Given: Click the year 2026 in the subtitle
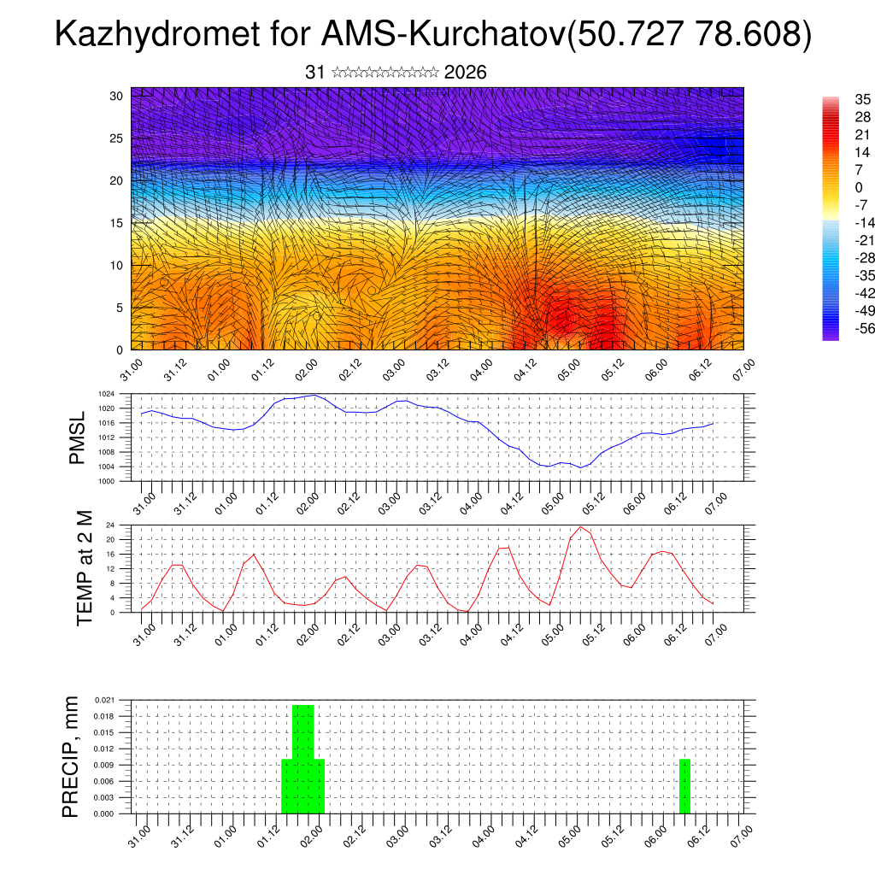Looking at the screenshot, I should tap(466, 73).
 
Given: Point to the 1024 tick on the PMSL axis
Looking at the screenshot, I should tap(105, 394).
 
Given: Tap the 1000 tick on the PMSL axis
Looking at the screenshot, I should tap(105, 481).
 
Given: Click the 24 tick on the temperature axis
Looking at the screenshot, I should tap(110, 525).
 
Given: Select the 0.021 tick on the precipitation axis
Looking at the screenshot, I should tap(104, 700).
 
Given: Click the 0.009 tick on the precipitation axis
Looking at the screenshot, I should tap(104, 765).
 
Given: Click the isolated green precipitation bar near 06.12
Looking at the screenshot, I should tap(684, 786).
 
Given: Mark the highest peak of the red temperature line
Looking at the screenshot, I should tap(581, 526).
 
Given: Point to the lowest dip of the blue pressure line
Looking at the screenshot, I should tap(581, 467).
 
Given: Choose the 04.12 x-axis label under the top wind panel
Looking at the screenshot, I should tap(526, 373).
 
